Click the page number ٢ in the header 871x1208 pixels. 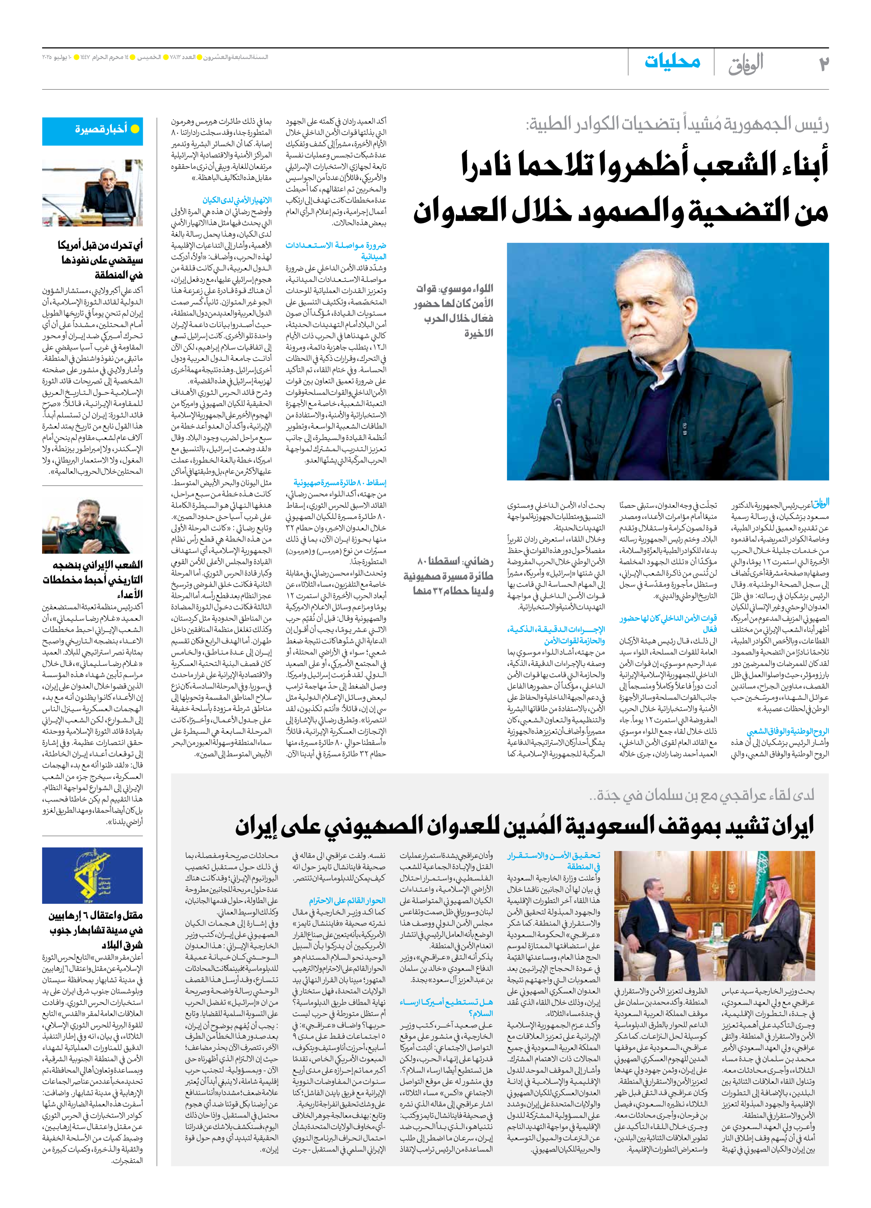(x=824, y=63)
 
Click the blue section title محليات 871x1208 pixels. (x=672, y=62)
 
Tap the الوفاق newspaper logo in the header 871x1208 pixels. (x=746, y=63)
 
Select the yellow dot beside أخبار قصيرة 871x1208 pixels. (x=135, y=129)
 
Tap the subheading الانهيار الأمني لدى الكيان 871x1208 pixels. (x=237, y=200)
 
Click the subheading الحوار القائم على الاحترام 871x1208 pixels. (x=347, y=901)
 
